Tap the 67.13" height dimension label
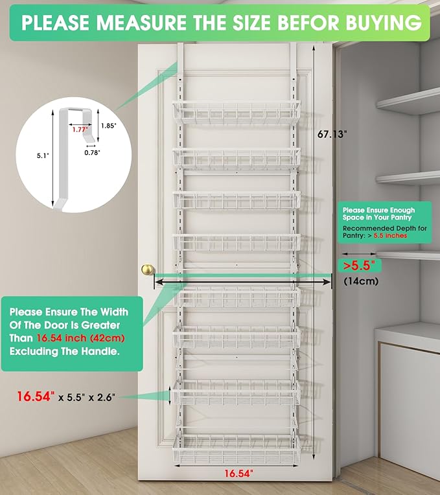point(332,135)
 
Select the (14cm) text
point(360,282)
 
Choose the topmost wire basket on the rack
point(236,114)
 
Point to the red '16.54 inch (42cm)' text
point(80,338)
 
